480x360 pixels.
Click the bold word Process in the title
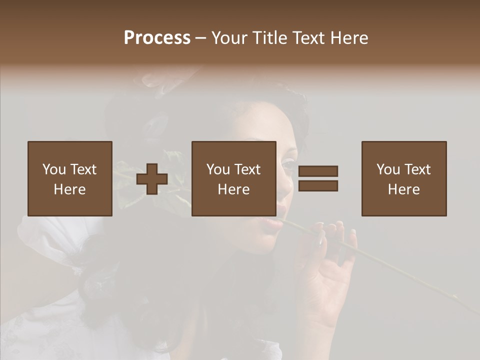157,38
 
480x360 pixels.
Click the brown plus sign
152,179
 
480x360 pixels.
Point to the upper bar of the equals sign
318,171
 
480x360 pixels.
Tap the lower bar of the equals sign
318,186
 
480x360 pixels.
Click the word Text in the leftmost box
82,169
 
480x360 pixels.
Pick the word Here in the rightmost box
404,189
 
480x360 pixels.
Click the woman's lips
272,222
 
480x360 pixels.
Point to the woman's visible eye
288,164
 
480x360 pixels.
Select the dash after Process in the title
201,38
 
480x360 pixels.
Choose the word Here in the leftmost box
70,189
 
